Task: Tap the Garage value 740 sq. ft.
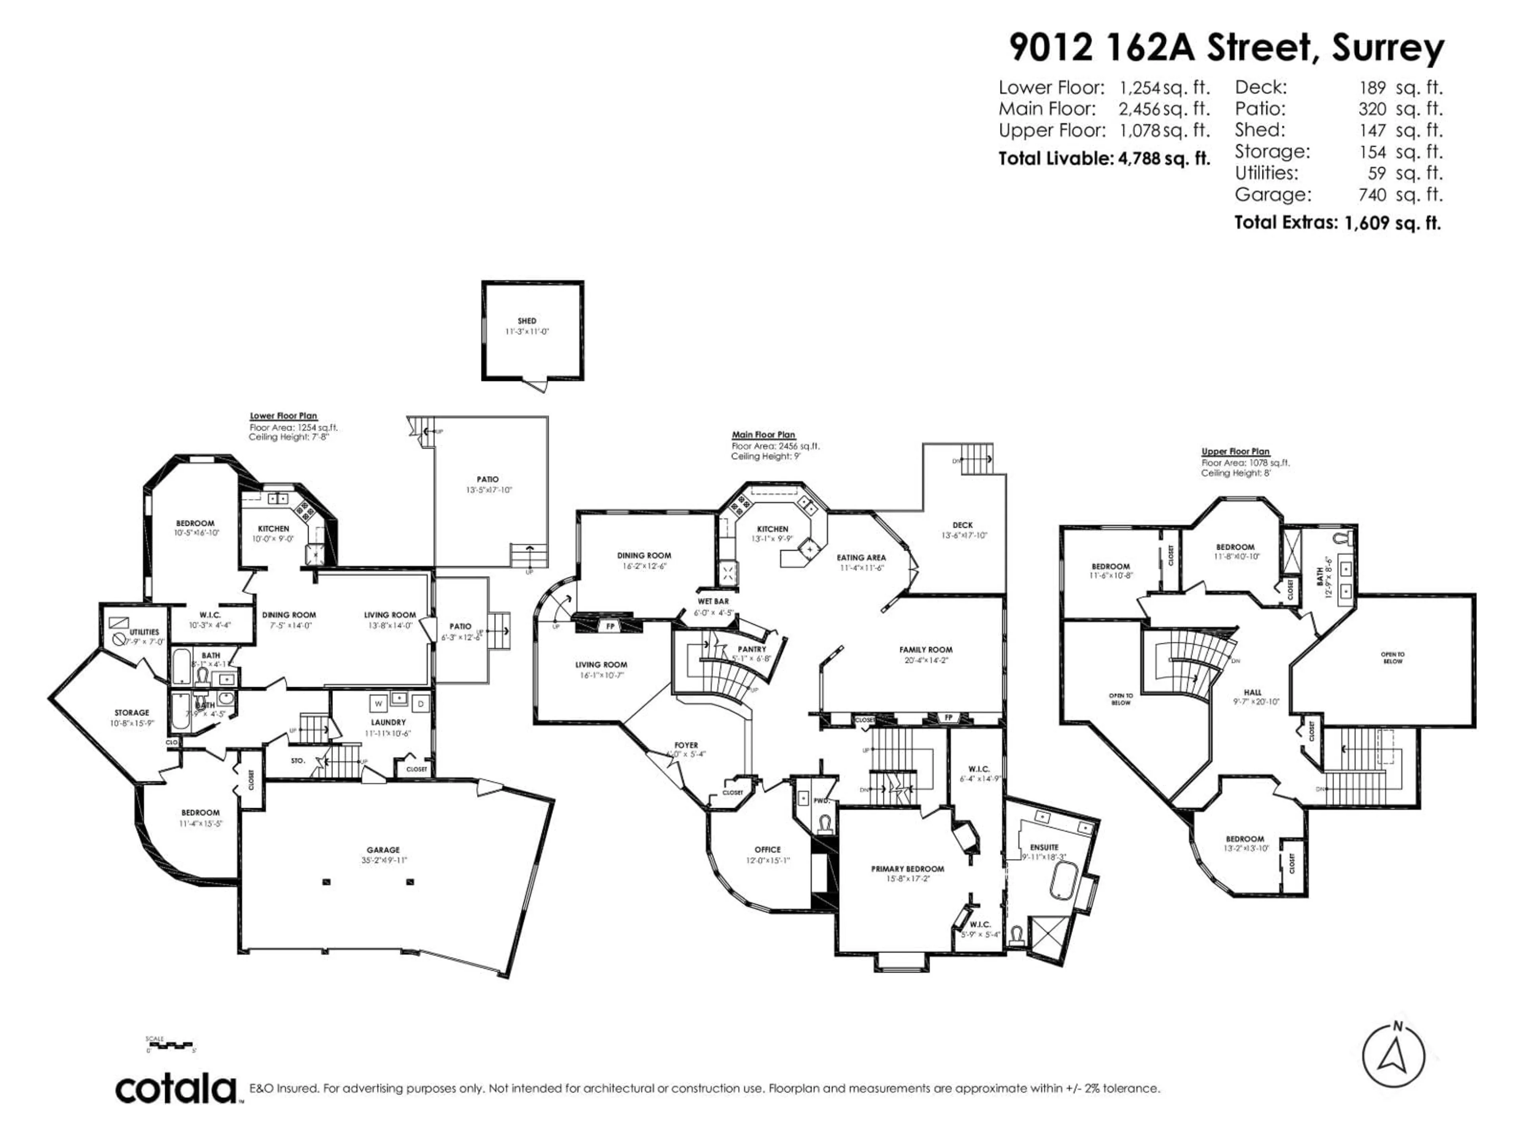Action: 1400,195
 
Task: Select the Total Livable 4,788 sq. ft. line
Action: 1104,159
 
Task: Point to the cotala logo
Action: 176,1089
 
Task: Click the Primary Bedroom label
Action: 907,869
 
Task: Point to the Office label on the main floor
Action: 768,849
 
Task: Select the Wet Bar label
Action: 713,602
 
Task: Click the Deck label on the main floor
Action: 962,525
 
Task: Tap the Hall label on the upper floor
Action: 1253,693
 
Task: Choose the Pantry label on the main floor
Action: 752,649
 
